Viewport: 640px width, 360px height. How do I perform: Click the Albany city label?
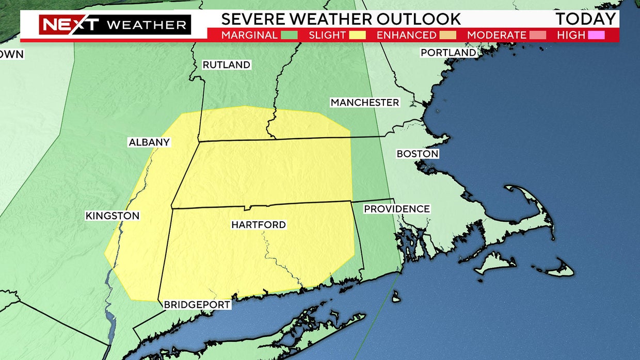coord(149,142)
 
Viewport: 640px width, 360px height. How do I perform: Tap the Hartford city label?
coord(258,225)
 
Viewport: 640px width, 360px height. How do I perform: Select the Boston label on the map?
coord(417,154)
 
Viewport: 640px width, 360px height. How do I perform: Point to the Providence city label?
coord(396,209)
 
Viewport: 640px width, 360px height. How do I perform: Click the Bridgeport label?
coord(197,305)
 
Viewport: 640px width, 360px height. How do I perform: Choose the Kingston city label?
coord(113,216)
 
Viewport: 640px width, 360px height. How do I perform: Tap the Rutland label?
coord(226,65)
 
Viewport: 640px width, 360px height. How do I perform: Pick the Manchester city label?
coord(364,103)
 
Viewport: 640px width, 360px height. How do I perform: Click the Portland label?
coord(448,53)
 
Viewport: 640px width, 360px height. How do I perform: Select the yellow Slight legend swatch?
coord(358,35)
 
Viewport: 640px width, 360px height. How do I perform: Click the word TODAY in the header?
coord(586,19)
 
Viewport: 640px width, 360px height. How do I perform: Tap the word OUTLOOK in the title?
coord(419,19)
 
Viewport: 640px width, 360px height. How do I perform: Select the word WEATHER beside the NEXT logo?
coord(147,25)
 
